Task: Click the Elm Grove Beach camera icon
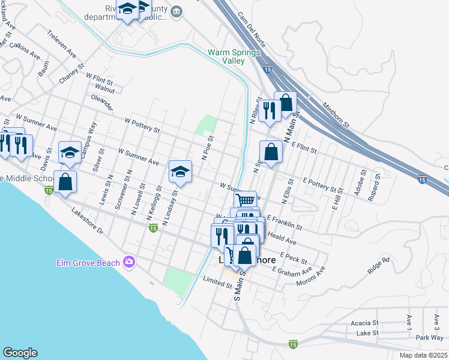[x=128, y=262]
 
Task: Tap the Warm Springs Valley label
[x=234, y=56]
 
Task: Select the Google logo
[x=20, y=353]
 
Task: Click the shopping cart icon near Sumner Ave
[x=245, y=200]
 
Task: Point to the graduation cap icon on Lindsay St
[x=179, y=172]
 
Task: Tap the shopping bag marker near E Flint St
[x=271, y=151]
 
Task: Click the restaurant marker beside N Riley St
[x=269, y=110]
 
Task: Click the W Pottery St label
[x=142, y=125]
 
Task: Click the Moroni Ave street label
[x=310, y=275]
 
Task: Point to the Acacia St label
[x=364, y=323]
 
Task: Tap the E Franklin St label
[x=285, y=223]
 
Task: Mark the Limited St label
[x=217, y=280]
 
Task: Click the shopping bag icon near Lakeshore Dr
[x=65, y=181]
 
